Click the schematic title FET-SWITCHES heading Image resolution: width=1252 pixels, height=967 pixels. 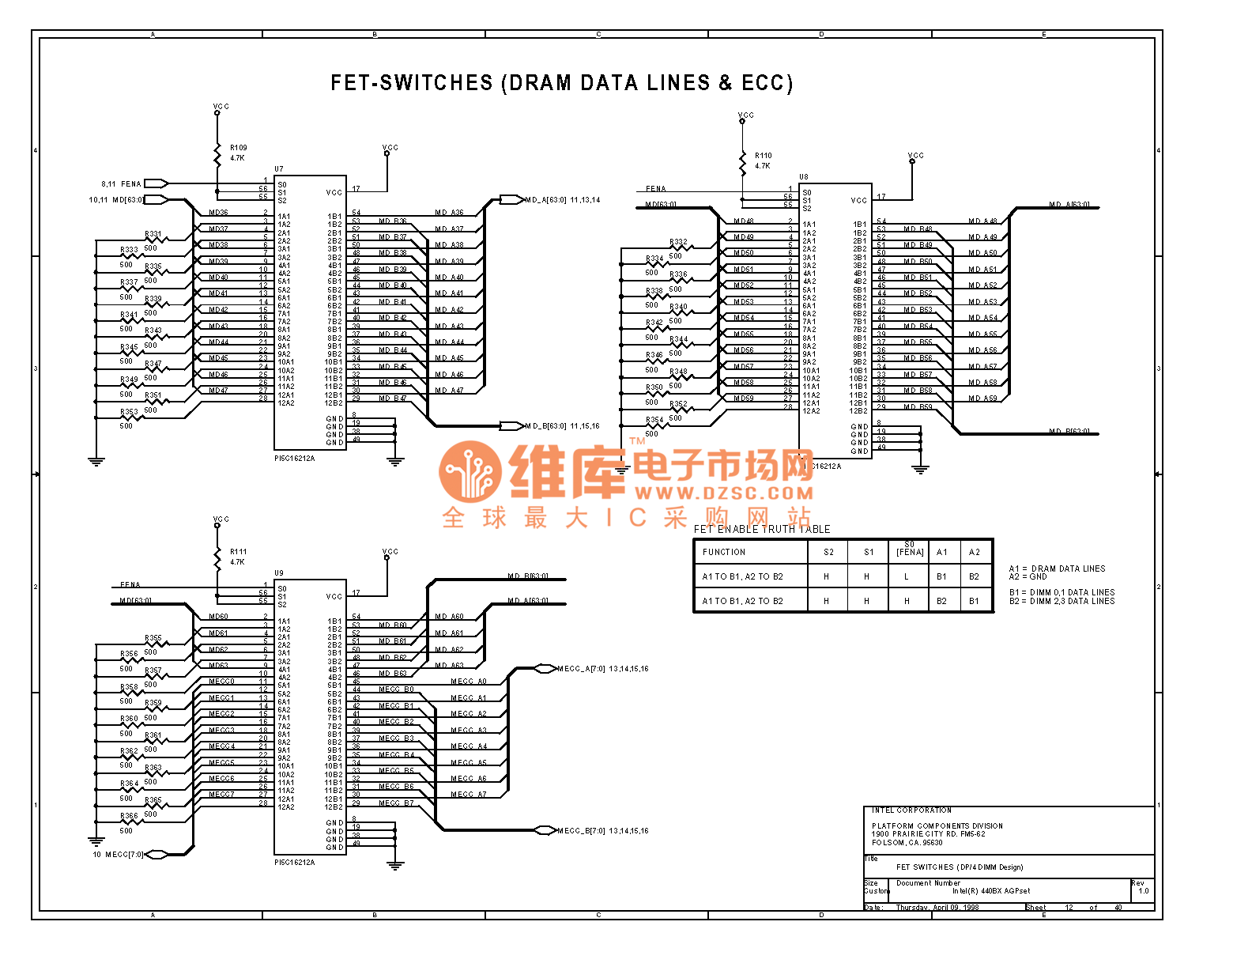[x=561, y=83]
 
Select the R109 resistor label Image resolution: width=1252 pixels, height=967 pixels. [x=238, y=148]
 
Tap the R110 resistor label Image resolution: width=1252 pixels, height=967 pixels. [x=763, y=156]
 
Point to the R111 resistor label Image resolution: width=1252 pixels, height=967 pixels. [x=238, y=552]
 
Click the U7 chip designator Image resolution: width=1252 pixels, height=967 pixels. [x=279, y=169]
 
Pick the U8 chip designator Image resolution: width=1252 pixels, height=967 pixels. [x=803, y=177]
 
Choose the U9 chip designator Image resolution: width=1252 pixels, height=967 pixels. [x=279, y=573]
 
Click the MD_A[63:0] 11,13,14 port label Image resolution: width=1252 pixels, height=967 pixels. [x=562, y=200]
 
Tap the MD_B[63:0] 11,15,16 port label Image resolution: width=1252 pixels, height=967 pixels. [x=562, y=426]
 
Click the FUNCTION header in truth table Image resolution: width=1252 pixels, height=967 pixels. [x=723, y=552]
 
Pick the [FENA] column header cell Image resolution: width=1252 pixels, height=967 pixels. [x=910, y=552]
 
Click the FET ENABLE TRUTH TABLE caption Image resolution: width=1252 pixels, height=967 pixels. [x=762, y=529]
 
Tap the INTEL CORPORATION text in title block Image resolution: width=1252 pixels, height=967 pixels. [x=911, y=810]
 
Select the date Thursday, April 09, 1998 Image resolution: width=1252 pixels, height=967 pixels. [x=937, y=908]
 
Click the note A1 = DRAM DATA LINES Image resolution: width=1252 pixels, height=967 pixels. [x=1057, y=568]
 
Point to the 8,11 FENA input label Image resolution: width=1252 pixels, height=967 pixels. [x=121, y=184]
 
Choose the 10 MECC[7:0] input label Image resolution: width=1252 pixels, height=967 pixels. [x=119, y=855]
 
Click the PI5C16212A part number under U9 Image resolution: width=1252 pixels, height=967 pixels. [x=295, y=863]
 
